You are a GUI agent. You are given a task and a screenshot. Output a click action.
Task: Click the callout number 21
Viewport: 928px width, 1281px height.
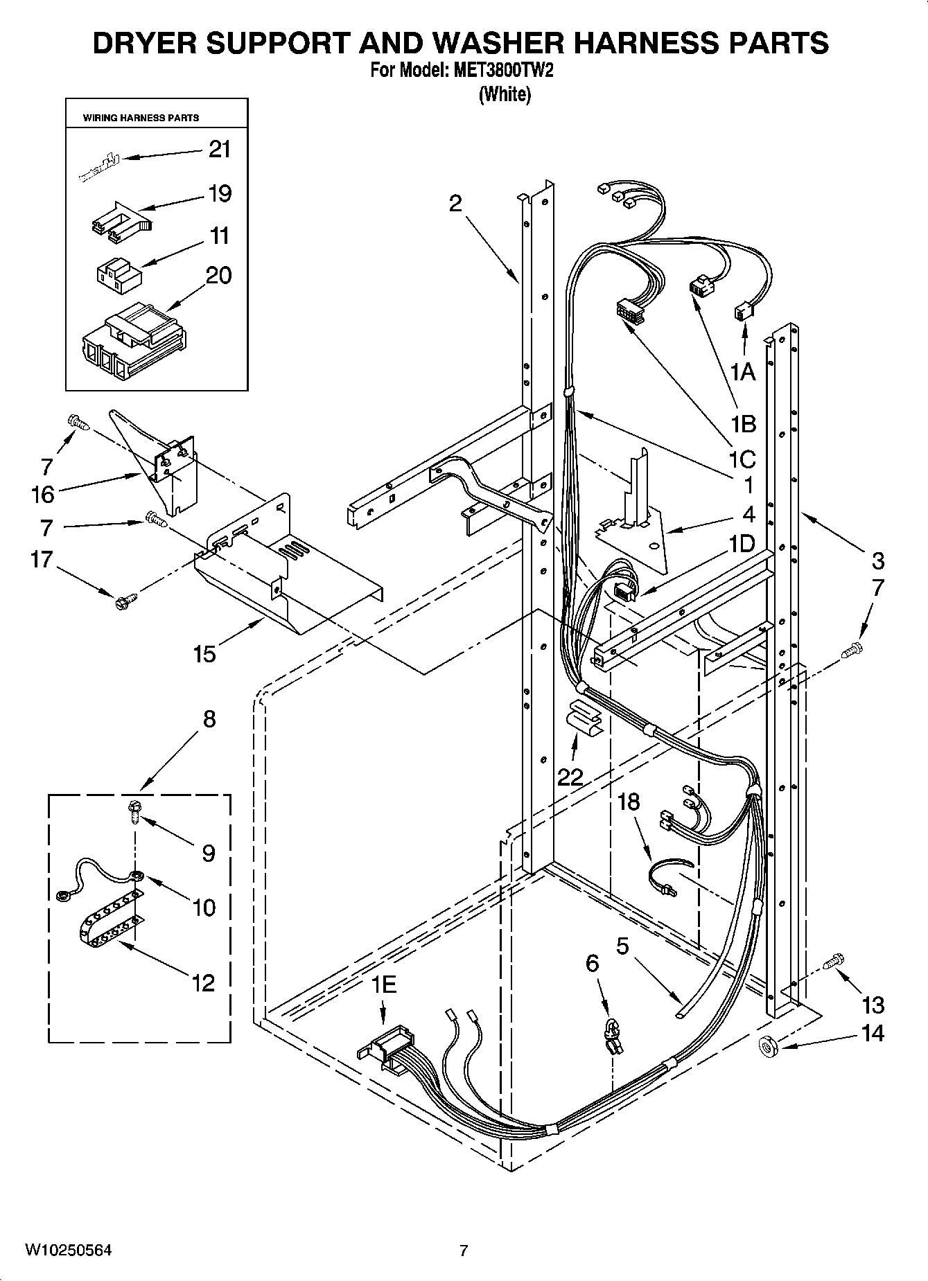(x=220, y=149)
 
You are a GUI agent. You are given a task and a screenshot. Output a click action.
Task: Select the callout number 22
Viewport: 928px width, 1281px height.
(x=570, y=776)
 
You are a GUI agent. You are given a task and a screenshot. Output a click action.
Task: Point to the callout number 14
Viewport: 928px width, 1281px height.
(x=872, y=1033)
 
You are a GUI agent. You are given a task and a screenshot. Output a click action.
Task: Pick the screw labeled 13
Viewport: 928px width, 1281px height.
(x=833, y=962)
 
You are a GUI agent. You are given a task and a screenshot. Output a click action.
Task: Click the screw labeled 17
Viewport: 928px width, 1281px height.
(x=126, y=601)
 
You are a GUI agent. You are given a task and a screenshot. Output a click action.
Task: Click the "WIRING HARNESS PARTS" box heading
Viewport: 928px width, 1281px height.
(x=141, y=118)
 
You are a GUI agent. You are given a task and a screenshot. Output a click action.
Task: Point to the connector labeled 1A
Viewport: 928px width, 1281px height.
(x=741, y=313)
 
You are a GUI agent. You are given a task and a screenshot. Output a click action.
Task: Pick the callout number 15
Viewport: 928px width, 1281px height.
(x=205, y=653)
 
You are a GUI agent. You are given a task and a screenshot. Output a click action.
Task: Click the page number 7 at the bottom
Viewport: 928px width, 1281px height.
(x=464, y=1251)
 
